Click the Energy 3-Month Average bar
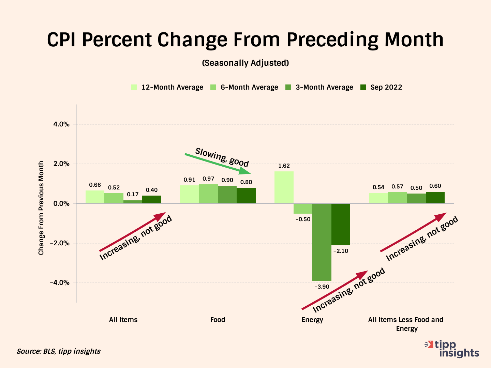point(322,242)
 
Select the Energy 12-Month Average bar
point(284,187)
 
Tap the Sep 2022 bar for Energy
point(341,224)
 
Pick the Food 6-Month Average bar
point(208,194)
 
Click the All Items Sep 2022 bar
point(152,199)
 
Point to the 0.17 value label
point(133,195)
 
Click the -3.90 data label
point(322,287)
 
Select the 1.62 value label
point(284,166)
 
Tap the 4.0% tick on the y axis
point(61,124)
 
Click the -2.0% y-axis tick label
point(60,243)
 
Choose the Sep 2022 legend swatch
point(363,87)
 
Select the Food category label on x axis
point(218,320)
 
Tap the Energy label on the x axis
point(312,320)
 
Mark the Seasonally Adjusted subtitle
point(245,63)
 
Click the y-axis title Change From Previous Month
point(41,208)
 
